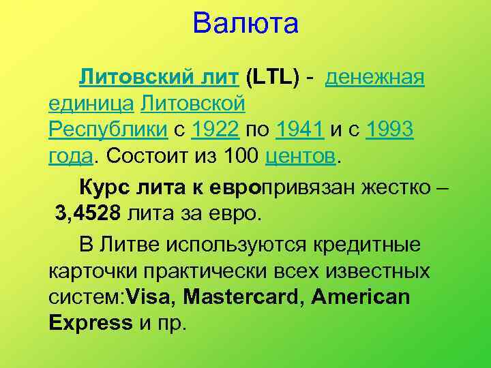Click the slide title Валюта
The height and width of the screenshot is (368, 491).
[x=245, y=25]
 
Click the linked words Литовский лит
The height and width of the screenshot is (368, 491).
[x=158, y=78]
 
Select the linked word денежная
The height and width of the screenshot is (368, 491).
[x=376, y=78]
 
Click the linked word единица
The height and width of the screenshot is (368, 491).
[x=91, y=104]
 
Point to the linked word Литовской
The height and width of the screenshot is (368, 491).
[x=192, y=104]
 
